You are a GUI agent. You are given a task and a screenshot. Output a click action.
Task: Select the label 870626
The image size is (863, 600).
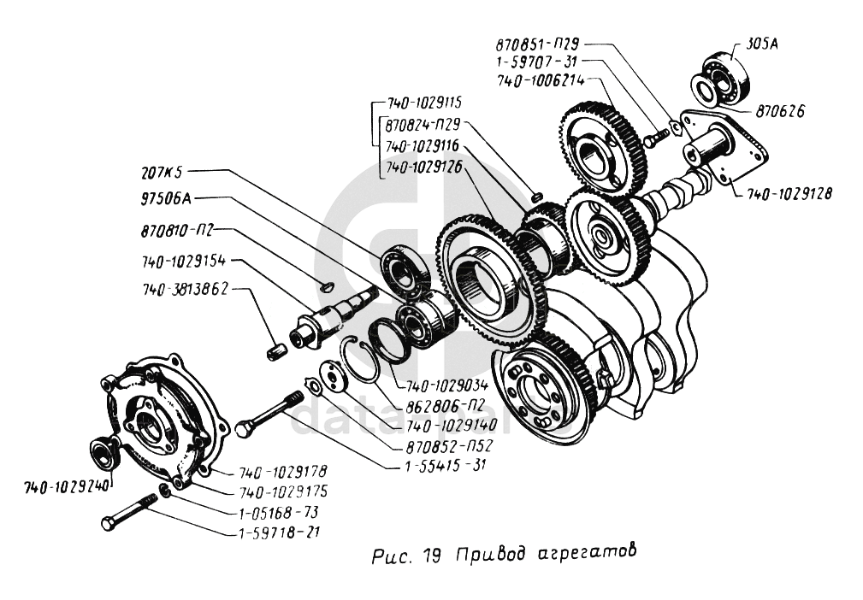779,111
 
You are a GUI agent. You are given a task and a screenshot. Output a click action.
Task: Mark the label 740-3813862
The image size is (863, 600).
185,290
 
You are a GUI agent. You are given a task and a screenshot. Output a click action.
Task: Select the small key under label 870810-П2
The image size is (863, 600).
323,288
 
